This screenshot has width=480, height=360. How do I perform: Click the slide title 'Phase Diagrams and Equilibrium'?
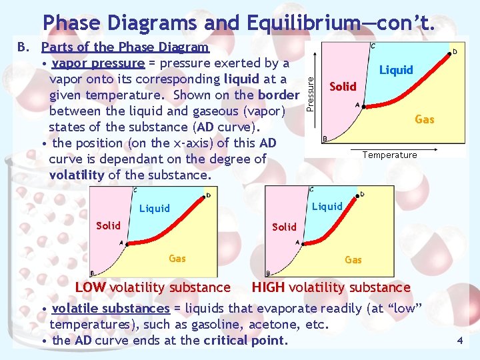(239, 22)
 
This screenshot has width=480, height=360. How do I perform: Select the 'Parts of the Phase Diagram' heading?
(125, 47)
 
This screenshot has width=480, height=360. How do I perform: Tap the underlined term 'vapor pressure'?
(98, 63)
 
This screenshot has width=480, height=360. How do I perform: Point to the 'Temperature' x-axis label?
(389, 155)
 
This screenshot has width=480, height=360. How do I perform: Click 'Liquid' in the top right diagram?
(396, 70)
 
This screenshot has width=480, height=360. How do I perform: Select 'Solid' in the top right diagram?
(343, 87)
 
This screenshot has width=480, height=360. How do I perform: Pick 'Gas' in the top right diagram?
(425, 119)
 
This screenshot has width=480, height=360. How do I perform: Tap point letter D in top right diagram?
(455, 51)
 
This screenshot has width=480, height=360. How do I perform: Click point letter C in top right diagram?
(372, 46)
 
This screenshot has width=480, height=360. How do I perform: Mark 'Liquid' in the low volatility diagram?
(155, 209)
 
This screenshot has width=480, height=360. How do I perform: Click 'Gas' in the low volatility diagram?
(177, 258)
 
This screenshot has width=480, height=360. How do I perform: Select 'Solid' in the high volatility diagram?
(285, 227)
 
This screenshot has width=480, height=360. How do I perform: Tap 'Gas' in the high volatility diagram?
(353, 259)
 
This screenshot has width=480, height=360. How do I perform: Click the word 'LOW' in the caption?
(91, 288)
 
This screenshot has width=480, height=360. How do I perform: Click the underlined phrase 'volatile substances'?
(111, 309)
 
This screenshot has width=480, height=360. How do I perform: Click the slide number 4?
(459, 341)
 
